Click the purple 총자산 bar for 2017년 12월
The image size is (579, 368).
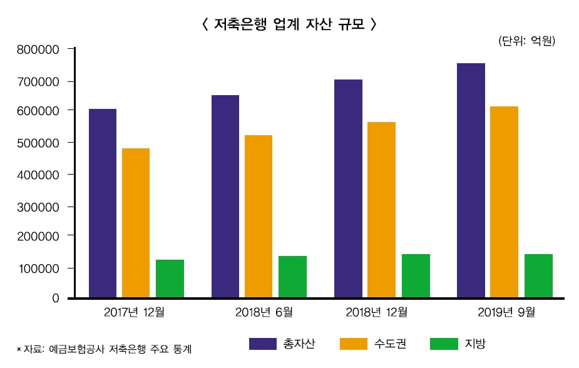click(103, 203)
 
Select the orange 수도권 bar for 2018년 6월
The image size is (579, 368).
click(259, 217)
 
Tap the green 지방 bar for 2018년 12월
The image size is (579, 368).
click(416, 275)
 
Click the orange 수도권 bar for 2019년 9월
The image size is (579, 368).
click(504, 202)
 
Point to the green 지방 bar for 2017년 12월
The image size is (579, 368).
click(170, 279)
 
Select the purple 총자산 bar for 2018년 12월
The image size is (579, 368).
click(348, 188)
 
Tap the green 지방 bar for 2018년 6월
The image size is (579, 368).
click(292, 277)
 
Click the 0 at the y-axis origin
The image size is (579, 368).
click(55, 299)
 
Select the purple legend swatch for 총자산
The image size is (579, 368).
click(262, 344)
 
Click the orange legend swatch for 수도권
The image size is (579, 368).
click(353, 344)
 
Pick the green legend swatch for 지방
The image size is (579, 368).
click(444, 344)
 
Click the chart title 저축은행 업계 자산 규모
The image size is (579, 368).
click(289, 24)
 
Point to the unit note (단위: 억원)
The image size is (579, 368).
click(527, 41)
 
